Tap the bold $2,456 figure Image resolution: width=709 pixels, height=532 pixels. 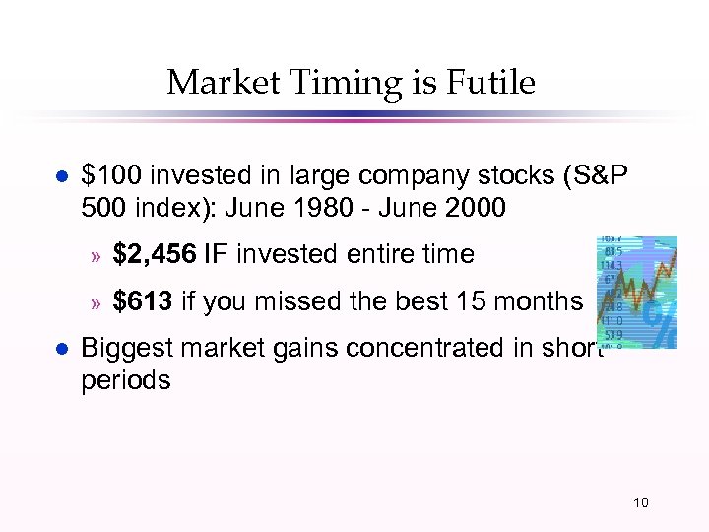click(x=155, y=254)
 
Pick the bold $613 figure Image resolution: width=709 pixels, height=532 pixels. click(x=143, y=301)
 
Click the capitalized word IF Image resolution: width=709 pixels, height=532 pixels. click(x=215, y=254)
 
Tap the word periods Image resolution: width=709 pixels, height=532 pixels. click(x=125, y=380)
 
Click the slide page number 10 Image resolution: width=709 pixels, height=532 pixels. click(x=640, y=503)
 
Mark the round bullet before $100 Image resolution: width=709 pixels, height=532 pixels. click(x=60, y=176)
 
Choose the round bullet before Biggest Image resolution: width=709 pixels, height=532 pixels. click(x=60, y=348)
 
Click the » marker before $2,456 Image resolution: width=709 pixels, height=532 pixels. click(x=97, y=256)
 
